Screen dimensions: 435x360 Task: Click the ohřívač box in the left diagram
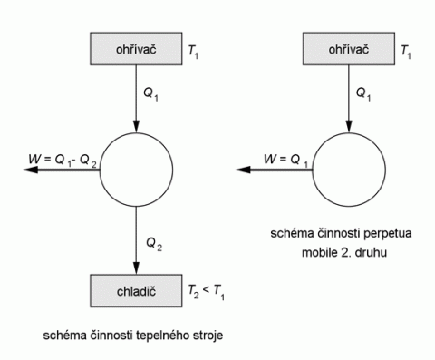[x=136, y=49]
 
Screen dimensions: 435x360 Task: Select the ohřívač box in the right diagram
[x=349, y=49]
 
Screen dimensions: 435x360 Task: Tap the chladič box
[x=136, y=291]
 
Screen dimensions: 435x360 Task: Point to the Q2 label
[x=154, y=244]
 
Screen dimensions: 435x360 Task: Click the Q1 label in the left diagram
[x=150, y=94]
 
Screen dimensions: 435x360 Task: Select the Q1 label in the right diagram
[x=363, y=94]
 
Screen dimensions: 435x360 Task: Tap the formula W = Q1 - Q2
[x=63, y=161]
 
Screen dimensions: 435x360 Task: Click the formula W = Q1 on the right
[x=285, y=161]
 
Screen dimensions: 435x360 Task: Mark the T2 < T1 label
[x=207, y=292]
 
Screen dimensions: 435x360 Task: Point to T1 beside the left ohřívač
[x=193, y=52]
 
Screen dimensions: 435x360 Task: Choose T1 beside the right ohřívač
[x=406, y=52]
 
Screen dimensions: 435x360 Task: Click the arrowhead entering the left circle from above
[x=136, y=127]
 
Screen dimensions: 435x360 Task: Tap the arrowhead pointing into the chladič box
[x=136, y=268]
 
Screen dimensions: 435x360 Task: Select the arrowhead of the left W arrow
[x=31, y=170]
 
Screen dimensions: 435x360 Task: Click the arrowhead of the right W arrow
[x=243, y=170]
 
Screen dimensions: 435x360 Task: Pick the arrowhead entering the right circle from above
[x=349, y=127]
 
